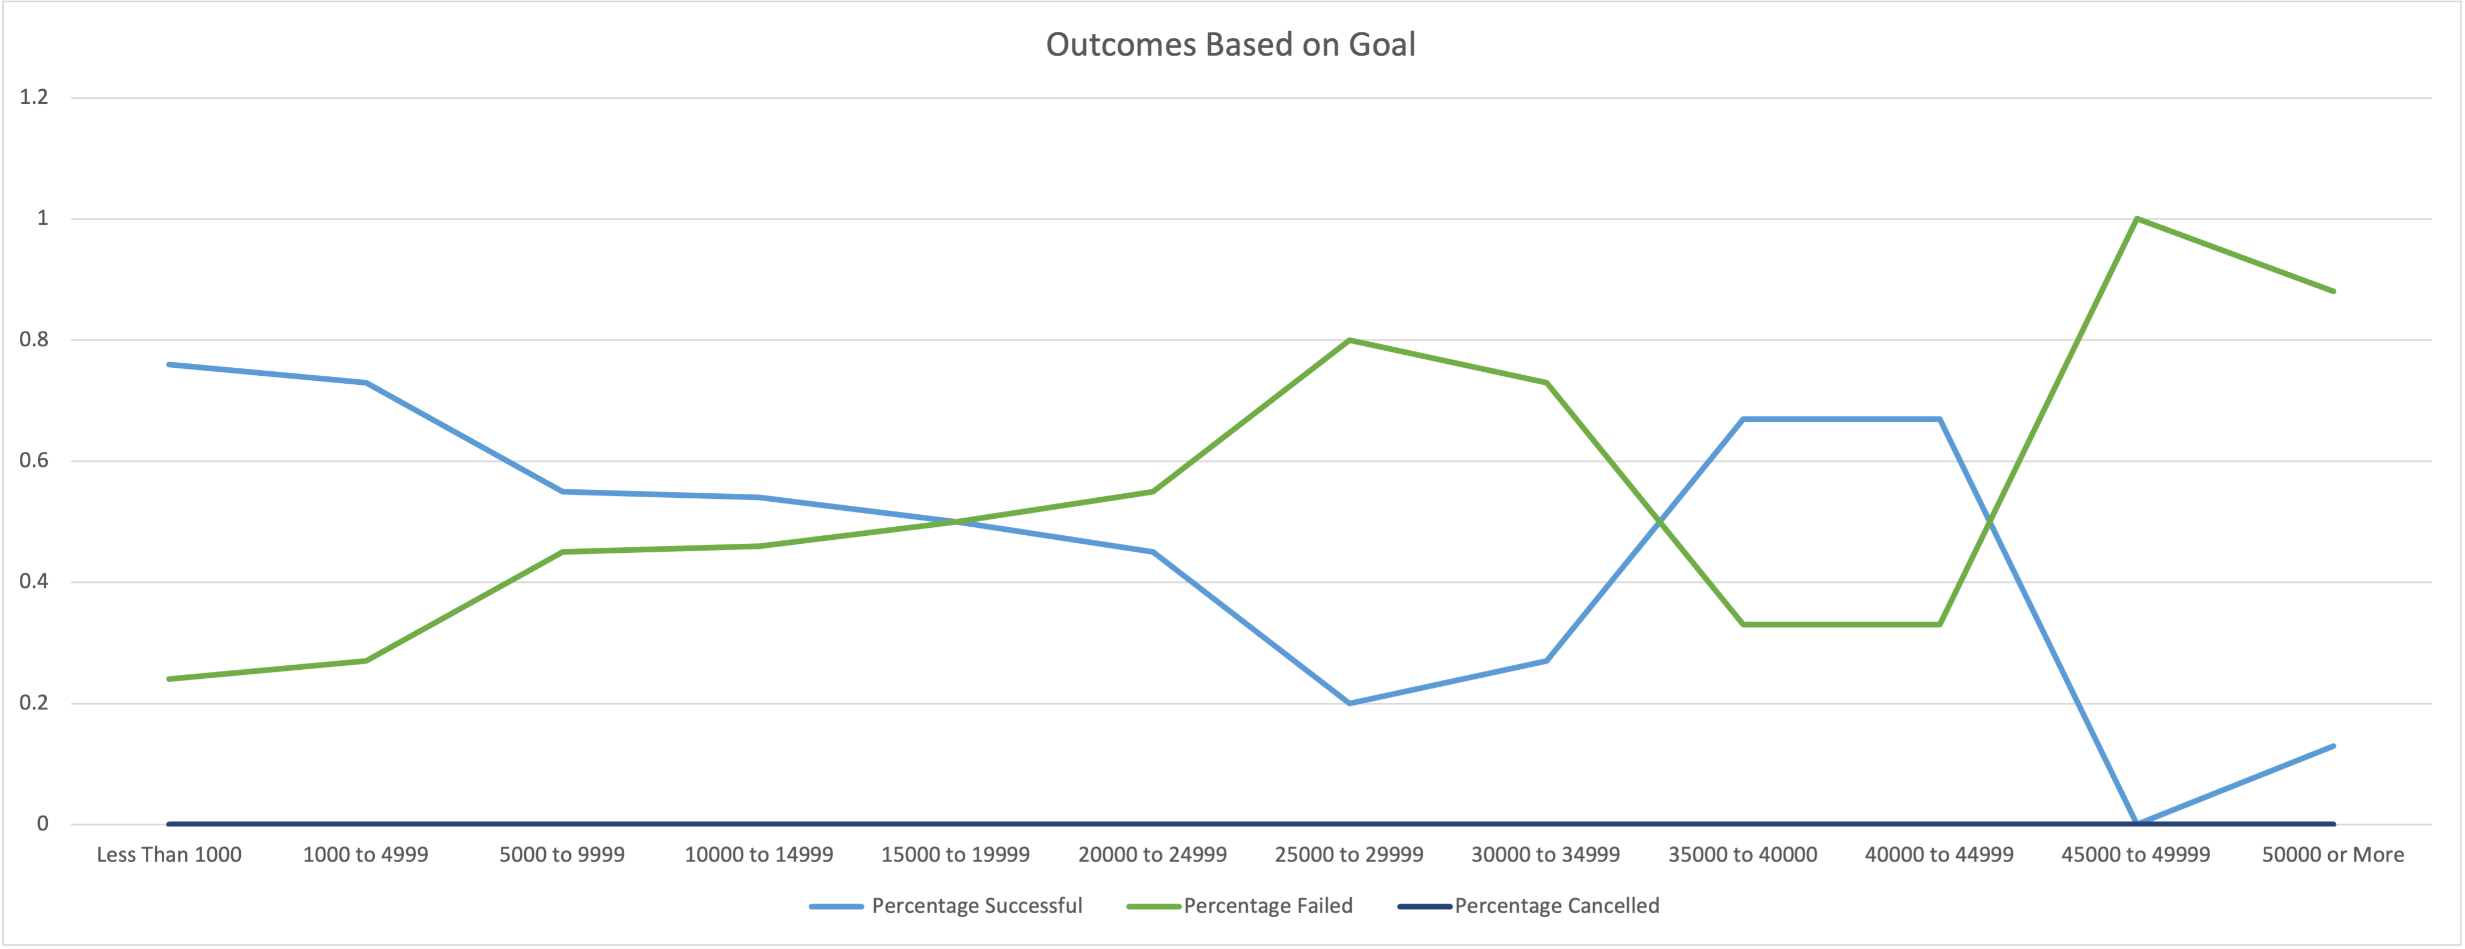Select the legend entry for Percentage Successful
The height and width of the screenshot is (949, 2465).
(x=976, y=906)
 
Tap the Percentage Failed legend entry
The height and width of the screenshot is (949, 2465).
(x=1267, y=906)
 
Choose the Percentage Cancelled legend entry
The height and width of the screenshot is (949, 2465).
(x=1556, y=906)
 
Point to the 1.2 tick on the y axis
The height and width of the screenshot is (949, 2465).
(x=34, y=96)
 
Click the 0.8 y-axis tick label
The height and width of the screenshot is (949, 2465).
(x=34, y=339)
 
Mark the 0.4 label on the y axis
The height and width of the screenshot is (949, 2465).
(x=34, y=582)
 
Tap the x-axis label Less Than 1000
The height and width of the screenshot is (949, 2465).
(x=169, y=854)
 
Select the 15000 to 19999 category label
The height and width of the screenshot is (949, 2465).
(x=955, y=854)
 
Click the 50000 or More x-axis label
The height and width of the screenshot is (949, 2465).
(x=2332, y=854)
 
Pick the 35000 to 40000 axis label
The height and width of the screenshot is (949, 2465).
(x=1743, y=854)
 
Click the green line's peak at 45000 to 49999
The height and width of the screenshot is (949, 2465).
(x=2136, y=219)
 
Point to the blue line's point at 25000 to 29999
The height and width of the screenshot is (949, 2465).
(x=1350, y=703)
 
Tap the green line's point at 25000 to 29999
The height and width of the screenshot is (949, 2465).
(x=1350, y=339)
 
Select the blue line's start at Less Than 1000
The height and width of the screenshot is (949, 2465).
(x=169, y=364)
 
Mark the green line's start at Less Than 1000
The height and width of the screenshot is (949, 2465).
(x=169, y=679)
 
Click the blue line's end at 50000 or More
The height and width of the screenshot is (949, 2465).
(x=2333, y=746)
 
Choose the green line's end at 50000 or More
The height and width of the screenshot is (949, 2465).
(x=2333, y=291)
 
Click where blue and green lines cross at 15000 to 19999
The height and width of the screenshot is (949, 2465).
(x=955, y=522)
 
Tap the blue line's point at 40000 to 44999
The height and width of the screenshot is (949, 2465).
(x=1940, y=419)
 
